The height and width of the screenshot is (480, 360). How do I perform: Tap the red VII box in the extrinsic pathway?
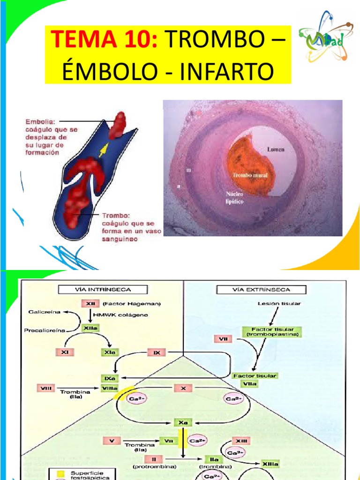coord(223,338)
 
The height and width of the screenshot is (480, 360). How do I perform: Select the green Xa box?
coord(183,422)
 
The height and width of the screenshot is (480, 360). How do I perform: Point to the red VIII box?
coord(45,388)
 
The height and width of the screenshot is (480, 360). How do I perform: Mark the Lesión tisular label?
coord(279,303)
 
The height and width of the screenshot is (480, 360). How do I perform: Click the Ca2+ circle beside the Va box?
coord(195,441)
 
